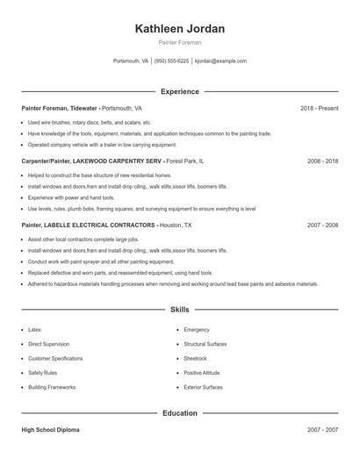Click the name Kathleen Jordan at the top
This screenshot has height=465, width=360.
pos(180,28)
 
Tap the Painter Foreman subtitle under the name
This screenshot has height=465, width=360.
pos(180,42)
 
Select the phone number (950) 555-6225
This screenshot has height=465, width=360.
pos(172,61)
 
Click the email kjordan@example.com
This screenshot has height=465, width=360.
pos(220,61)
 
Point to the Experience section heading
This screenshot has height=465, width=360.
pos(180,91)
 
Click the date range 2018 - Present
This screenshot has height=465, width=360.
pos(319,108)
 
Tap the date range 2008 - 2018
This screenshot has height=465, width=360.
pos(322,161)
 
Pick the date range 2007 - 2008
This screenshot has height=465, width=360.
pos(322,225)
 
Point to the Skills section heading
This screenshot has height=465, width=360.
pos(180,310)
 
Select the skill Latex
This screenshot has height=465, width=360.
pos(35,330)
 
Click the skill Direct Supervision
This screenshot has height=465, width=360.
pos(48,344)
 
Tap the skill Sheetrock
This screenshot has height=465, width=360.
pos(196,358)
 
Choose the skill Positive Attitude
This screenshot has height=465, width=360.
pos(202,372)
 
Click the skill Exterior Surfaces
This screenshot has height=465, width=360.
pos(203,386)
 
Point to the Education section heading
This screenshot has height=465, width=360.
pos(180,412)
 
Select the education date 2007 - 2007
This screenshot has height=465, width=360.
pos(322,430)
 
